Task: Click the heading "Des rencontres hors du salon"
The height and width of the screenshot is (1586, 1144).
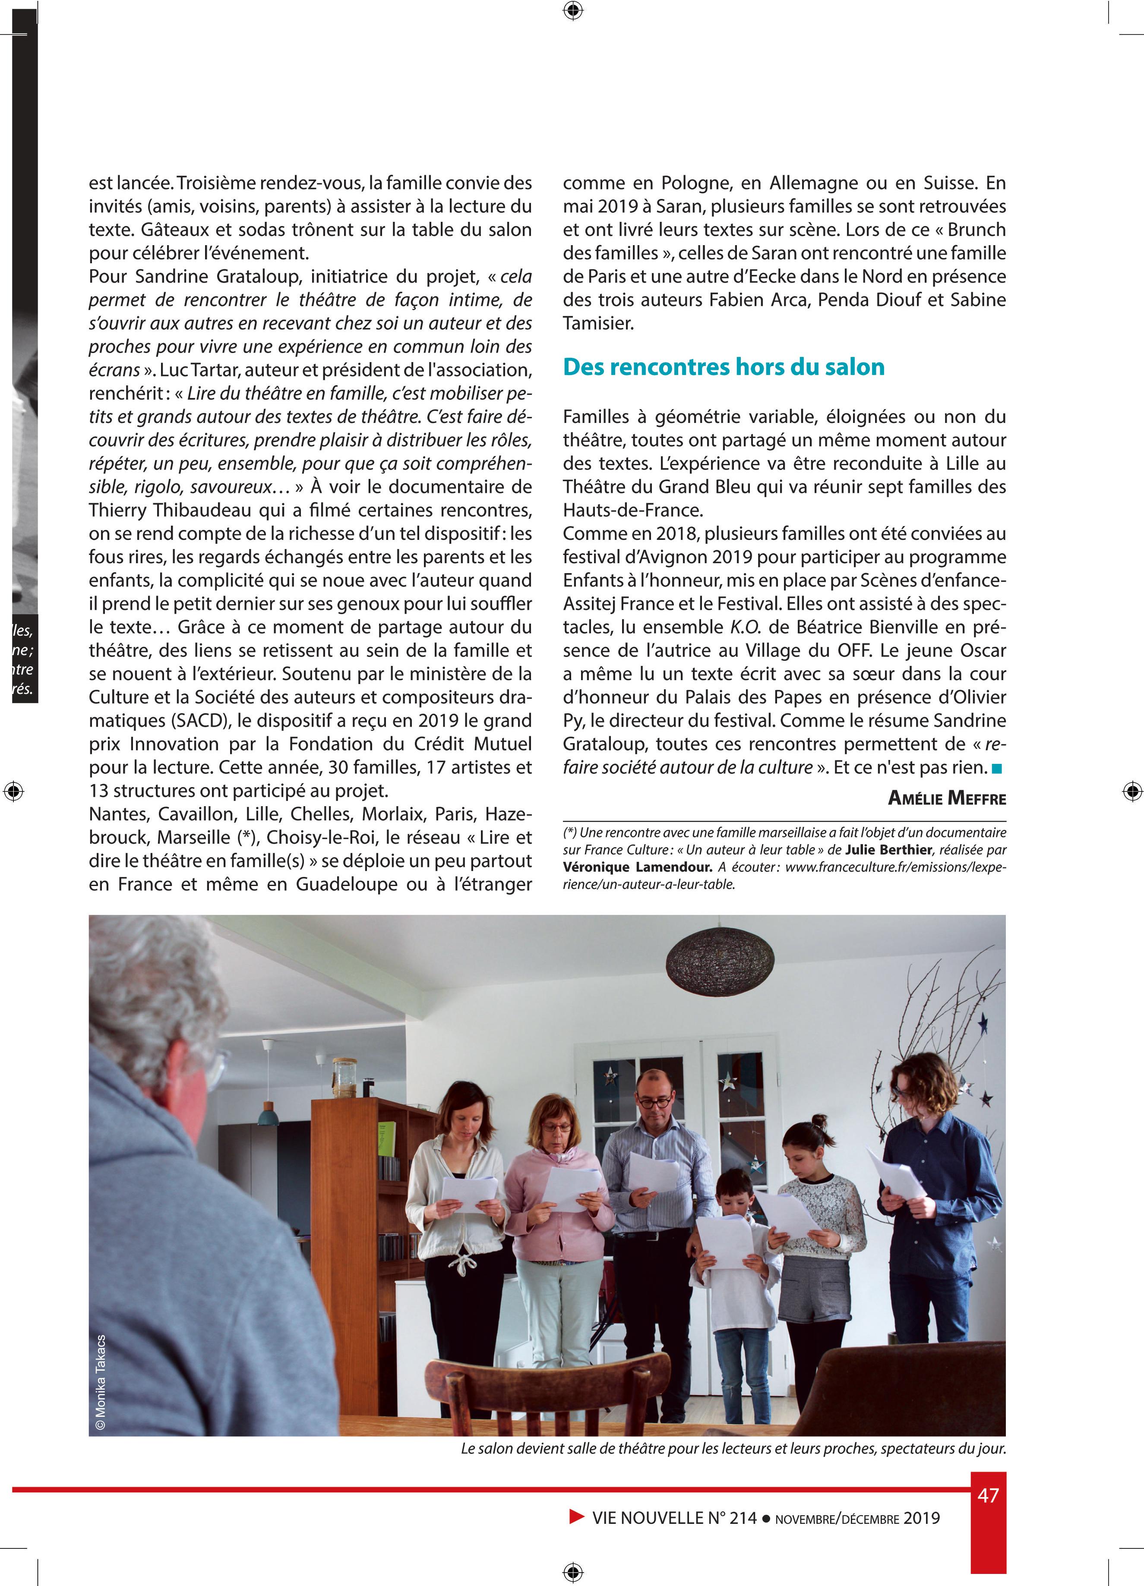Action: click(724, 367)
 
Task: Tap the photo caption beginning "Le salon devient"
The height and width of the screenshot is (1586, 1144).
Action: click(733, 1449)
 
